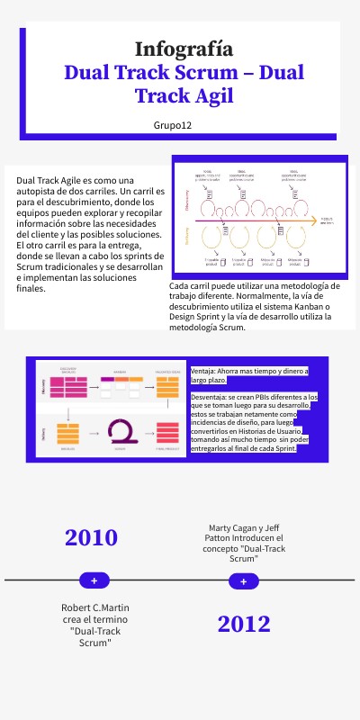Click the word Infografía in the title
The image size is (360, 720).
point(184,49)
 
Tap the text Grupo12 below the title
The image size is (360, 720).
point(172,124)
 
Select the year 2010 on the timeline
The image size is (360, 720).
point(91,537)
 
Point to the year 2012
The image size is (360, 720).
point(244,624)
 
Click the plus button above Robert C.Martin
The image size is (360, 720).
point(94,580)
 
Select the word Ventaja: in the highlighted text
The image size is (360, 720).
point(207,371)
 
